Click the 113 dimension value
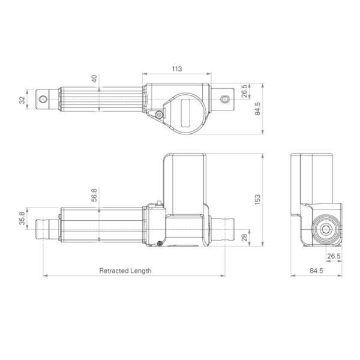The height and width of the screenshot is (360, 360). tap(177, 69)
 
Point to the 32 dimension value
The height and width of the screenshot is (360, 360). tap(22, 100)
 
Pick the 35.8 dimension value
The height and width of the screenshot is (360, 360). tap(22, 220)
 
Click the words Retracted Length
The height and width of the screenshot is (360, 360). tap(125, 271)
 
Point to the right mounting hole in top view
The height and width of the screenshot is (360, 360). tap(225, 99)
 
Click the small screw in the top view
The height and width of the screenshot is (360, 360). tap(159, 115)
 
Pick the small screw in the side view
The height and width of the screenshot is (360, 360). tap(160, 243)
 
